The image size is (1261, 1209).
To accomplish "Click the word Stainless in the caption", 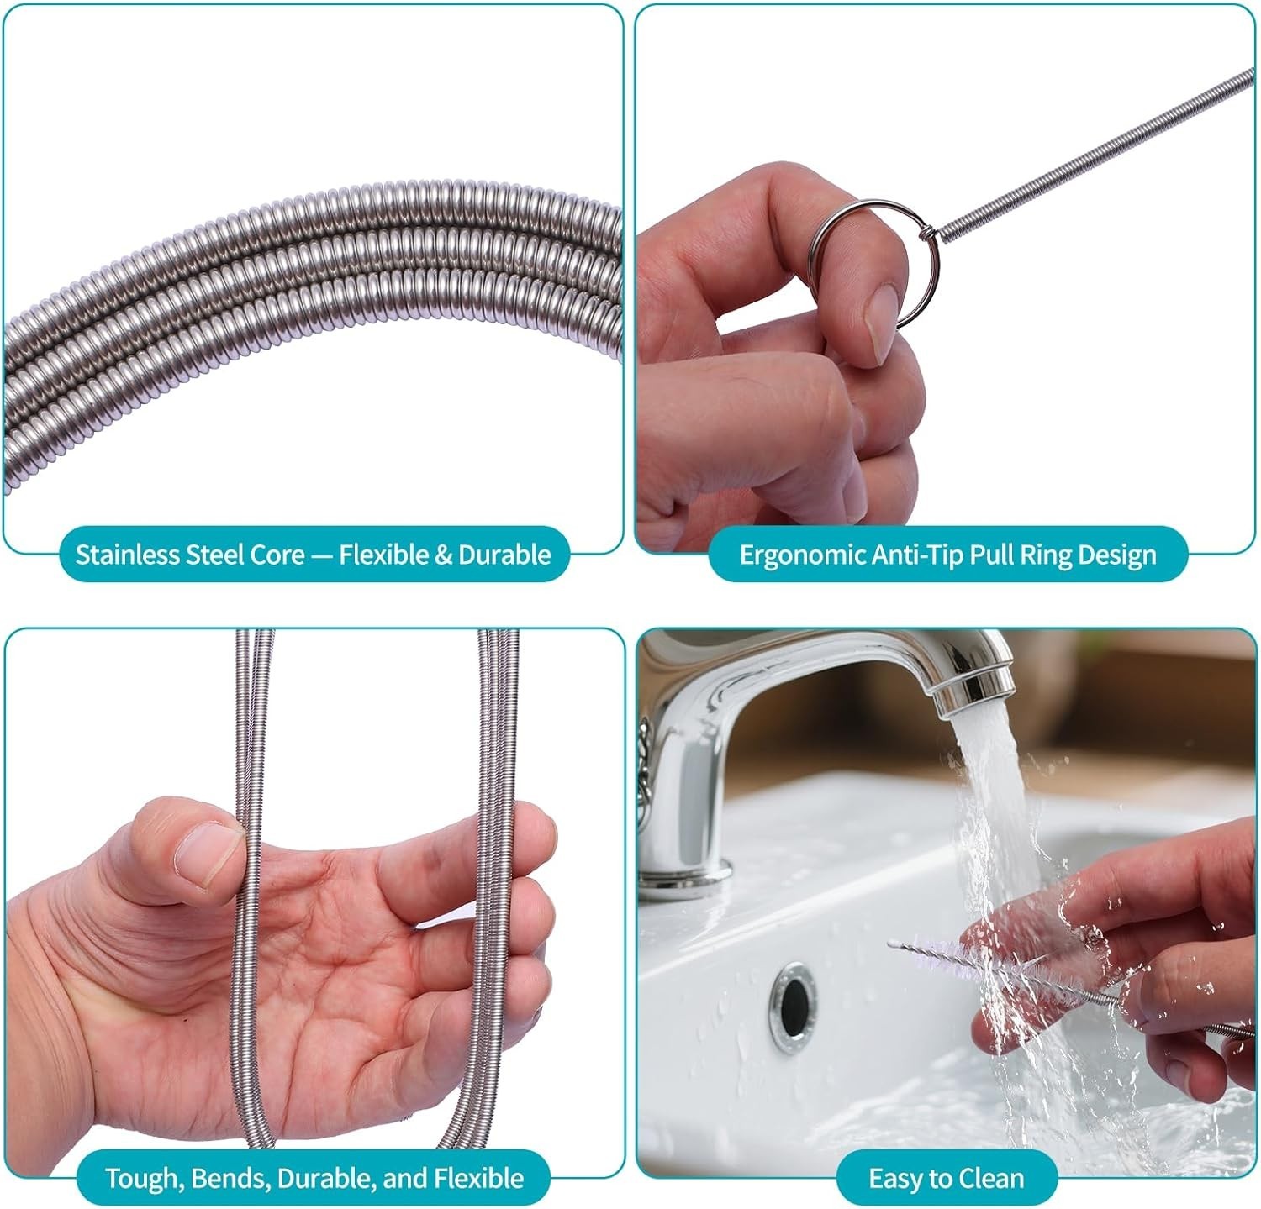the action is (x=127, y=555).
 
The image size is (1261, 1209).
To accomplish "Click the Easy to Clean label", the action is (x=947, y=1178).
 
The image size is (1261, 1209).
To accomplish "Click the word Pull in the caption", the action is (x=991, y=555).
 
